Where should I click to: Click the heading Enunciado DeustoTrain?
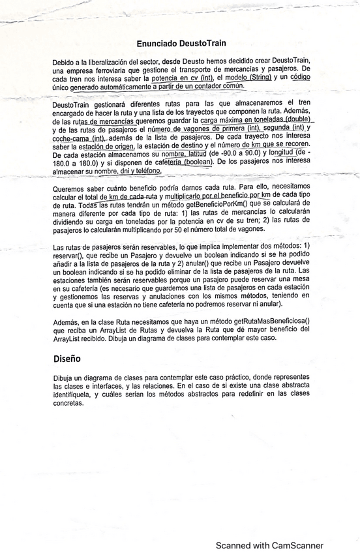click(181, 42)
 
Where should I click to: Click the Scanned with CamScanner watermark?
click(269, 545)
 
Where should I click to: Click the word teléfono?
click(144, 170)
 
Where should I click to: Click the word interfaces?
click(109, 386)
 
